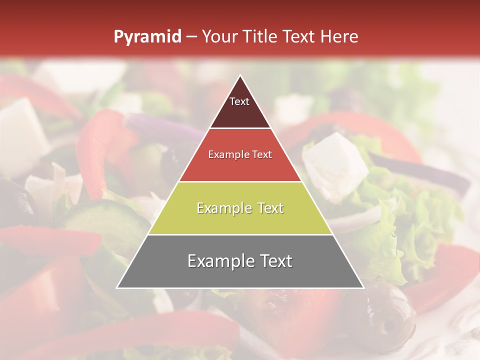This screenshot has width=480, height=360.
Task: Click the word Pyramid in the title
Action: [x=147, y=37]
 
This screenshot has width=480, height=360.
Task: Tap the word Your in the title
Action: [x=220, y=37]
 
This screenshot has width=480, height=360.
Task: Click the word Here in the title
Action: [x=340, y=37]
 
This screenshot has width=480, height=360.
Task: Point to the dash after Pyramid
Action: [x=191, y=37]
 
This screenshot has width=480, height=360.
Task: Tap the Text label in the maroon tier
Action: [x=239, y=102]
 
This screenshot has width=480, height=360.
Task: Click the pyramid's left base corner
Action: [x=117, y=287]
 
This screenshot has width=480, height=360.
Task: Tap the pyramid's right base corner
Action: [x=363, y=287]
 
